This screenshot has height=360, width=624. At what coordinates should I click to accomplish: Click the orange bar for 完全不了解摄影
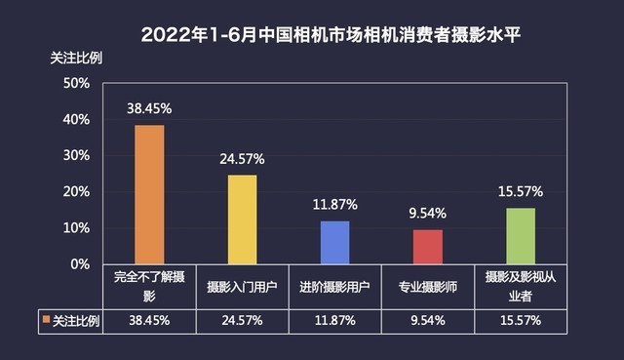(149, 194)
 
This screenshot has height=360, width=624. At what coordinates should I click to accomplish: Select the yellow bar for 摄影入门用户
(242, 220)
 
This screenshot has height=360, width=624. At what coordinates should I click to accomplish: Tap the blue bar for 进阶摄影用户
(334, 242)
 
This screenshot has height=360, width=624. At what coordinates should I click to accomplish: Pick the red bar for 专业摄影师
(427, 247)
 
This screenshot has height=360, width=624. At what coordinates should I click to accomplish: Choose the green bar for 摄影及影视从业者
(520, 235)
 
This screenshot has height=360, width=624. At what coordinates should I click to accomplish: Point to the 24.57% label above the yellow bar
(242, 159)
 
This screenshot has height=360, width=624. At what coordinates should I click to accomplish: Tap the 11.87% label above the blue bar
(334, 205)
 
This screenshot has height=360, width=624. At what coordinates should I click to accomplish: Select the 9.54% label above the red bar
(427, 214)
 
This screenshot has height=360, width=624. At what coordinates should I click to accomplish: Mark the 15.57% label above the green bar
(520, 191)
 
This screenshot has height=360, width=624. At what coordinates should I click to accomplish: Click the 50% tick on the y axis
(76, 83)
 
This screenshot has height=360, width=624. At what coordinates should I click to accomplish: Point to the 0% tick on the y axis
(80, 264)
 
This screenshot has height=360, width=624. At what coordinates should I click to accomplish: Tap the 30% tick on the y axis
(76, 156)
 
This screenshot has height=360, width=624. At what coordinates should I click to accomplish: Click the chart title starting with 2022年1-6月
(311, 34)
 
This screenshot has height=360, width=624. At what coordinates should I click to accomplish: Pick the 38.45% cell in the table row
(149, 319)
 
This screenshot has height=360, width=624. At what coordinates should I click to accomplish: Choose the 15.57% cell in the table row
(520, 319)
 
